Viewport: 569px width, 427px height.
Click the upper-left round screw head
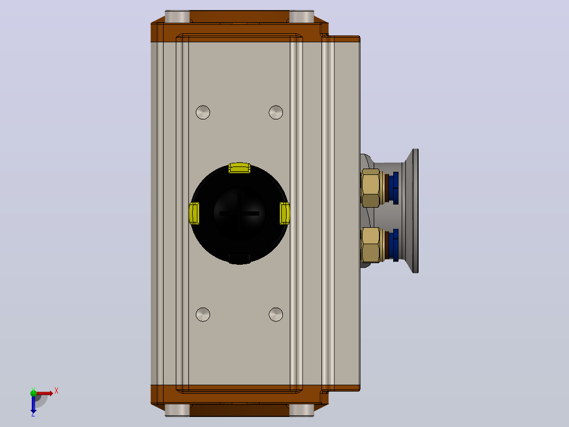coord(203,112)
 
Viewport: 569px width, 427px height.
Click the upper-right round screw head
coord(276,112)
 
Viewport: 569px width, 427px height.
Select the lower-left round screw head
coord(203,314)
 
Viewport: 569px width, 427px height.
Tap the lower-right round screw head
coord(276,314)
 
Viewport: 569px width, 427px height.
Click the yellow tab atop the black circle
coord(240,168)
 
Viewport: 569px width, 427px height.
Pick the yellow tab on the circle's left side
coord(194,213)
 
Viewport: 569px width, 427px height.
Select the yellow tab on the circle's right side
coord(285,213)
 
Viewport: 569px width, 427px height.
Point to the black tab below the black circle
coord(240,259)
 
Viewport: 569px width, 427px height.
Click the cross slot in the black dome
coord(239,213)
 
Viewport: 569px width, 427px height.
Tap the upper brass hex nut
coord(371,188)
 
